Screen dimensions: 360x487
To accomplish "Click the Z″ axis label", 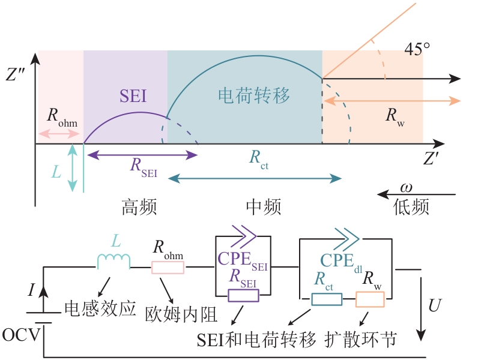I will click(16, 75).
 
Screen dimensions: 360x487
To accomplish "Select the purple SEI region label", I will click(133, 96).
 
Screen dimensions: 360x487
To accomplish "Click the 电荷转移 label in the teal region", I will click(253, 95).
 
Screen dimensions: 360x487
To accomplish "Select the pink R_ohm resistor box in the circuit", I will click(168, 267).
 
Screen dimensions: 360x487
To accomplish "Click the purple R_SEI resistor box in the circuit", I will click(243, 295).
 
